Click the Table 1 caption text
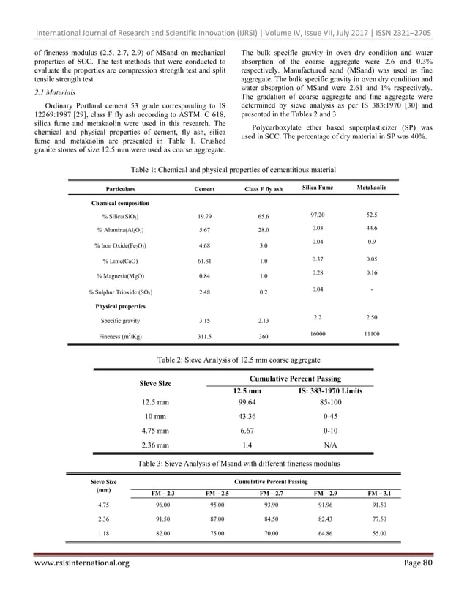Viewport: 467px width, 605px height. point(233,169)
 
